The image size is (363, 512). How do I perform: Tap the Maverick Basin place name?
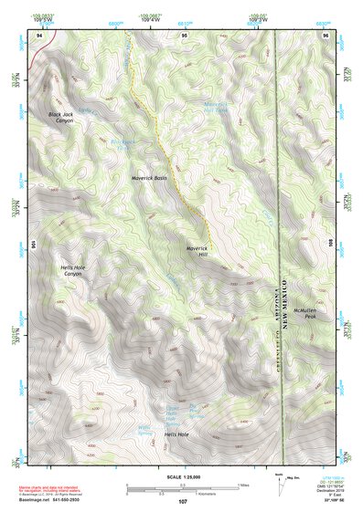click(x=149, y=178)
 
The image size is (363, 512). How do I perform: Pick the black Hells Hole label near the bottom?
click(x=176, y=434)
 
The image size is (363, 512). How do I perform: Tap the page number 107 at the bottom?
click(x=183, y=502)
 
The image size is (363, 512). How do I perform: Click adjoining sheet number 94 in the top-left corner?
click(x=37, y=35)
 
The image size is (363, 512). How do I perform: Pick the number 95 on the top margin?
click(x=185, y=35)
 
